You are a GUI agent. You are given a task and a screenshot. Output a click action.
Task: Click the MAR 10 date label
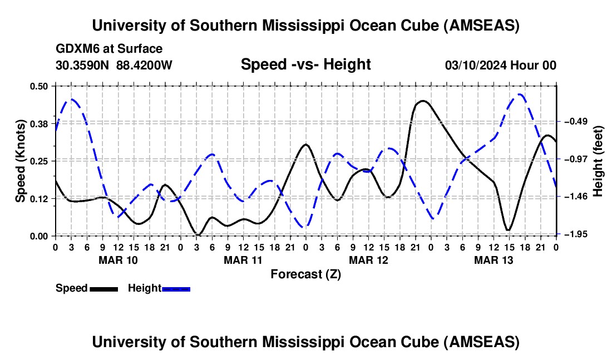click(x=118, y=259)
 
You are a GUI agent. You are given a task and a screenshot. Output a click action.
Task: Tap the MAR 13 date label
click(x=493, y=259)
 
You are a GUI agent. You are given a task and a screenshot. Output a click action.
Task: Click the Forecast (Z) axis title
click(x=305, y=274)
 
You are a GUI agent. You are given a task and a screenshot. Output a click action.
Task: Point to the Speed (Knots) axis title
click(x=20, y=161)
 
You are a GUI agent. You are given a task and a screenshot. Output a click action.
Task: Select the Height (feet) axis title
click(x=598, y=161)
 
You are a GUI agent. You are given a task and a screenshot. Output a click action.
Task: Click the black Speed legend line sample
click(x=103, y=289)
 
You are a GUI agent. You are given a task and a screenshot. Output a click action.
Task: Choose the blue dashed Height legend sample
click(x=176, y=289)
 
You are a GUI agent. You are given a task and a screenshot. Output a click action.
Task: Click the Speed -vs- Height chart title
click(x=305, y=64)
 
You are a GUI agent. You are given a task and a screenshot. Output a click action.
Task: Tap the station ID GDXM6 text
click(x=77, y=49)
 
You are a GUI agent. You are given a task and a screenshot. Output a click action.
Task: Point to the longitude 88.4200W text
click(x=145, y=65)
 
